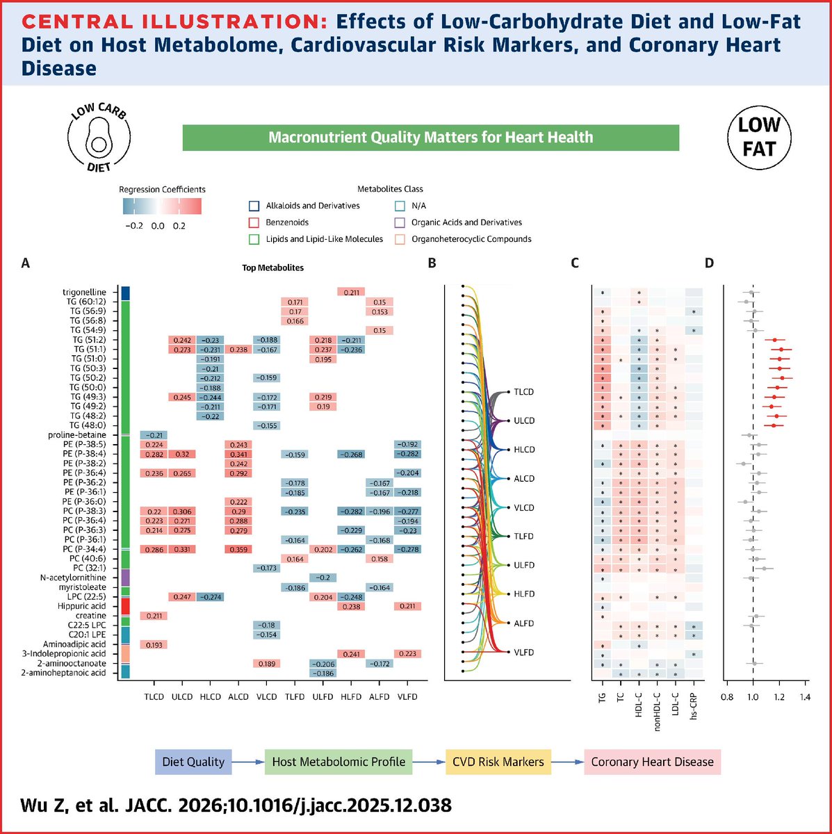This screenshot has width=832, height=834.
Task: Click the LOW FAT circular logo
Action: [x=759, y=136]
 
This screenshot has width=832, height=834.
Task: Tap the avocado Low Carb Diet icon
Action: [x=97, y=136]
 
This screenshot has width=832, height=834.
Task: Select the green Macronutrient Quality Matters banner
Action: [x=430, y=138]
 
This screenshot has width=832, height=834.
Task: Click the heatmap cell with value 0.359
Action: [x=238, y=550]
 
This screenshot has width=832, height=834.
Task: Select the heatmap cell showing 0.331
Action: [x=182, y=550]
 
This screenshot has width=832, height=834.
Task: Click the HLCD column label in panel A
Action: [x=210, y=696]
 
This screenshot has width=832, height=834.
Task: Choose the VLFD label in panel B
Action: [x=524, y=652]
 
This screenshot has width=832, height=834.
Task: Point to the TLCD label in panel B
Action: [x=524, y=392]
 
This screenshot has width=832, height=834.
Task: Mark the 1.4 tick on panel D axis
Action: [x=805, y=694]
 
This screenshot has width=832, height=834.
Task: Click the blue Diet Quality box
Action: [x=193, y=762]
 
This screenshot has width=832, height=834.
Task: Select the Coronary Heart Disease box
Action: [x=652, y=762]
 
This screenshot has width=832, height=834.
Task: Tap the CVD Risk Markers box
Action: [x=498, y=762]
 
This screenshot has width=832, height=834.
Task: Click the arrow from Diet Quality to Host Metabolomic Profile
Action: [x=247, y=762]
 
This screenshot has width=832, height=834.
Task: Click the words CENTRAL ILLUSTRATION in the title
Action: [x=168, y=22]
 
